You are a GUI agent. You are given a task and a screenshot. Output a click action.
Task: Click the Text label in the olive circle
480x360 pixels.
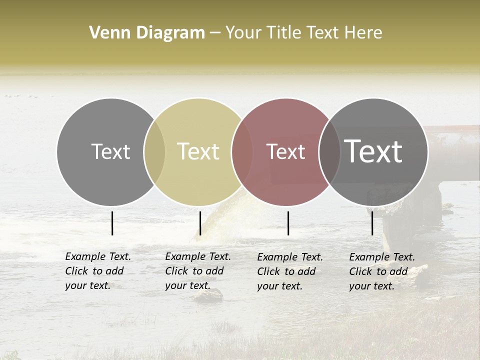[198, 151]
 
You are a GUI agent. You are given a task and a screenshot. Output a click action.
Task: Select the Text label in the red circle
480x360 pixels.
[285, 151]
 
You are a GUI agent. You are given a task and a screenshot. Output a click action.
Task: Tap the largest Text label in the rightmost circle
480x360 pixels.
[373, 151]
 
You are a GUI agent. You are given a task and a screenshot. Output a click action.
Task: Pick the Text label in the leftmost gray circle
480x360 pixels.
[110, 151]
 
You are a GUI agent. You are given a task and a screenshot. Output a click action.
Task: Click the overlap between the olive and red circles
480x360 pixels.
[242, 151]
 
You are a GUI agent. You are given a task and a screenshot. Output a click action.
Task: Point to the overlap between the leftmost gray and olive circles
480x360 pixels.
[154, 151]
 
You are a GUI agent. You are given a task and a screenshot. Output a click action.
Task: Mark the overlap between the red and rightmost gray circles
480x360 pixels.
[329, 151]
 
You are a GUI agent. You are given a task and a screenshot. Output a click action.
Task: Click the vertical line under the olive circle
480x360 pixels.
[200, 223]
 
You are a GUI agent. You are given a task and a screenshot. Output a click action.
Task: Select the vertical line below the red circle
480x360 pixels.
[288, 223]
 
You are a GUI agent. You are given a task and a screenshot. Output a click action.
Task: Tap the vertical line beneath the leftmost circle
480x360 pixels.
[112, 223]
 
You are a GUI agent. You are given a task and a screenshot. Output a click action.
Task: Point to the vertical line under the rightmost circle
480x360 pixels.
[372, 223]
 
